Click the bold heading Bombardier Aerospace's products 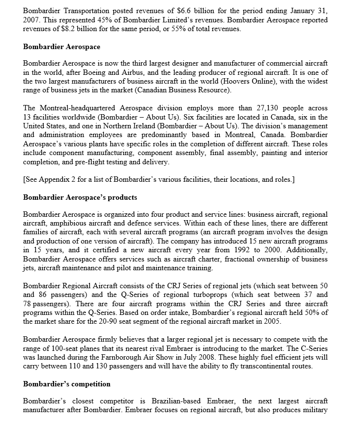tap(80, 197)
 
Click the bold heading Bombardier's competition tap(67, 384)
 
